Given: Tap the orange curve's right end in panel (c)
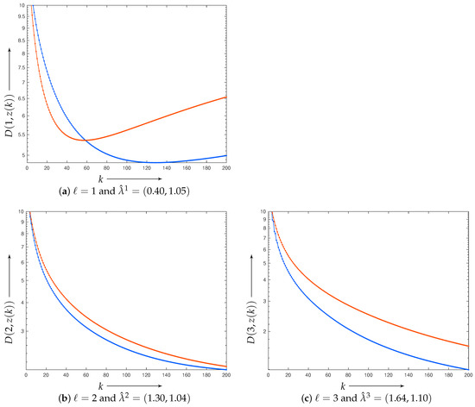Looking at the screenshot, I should pos(468,347).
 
